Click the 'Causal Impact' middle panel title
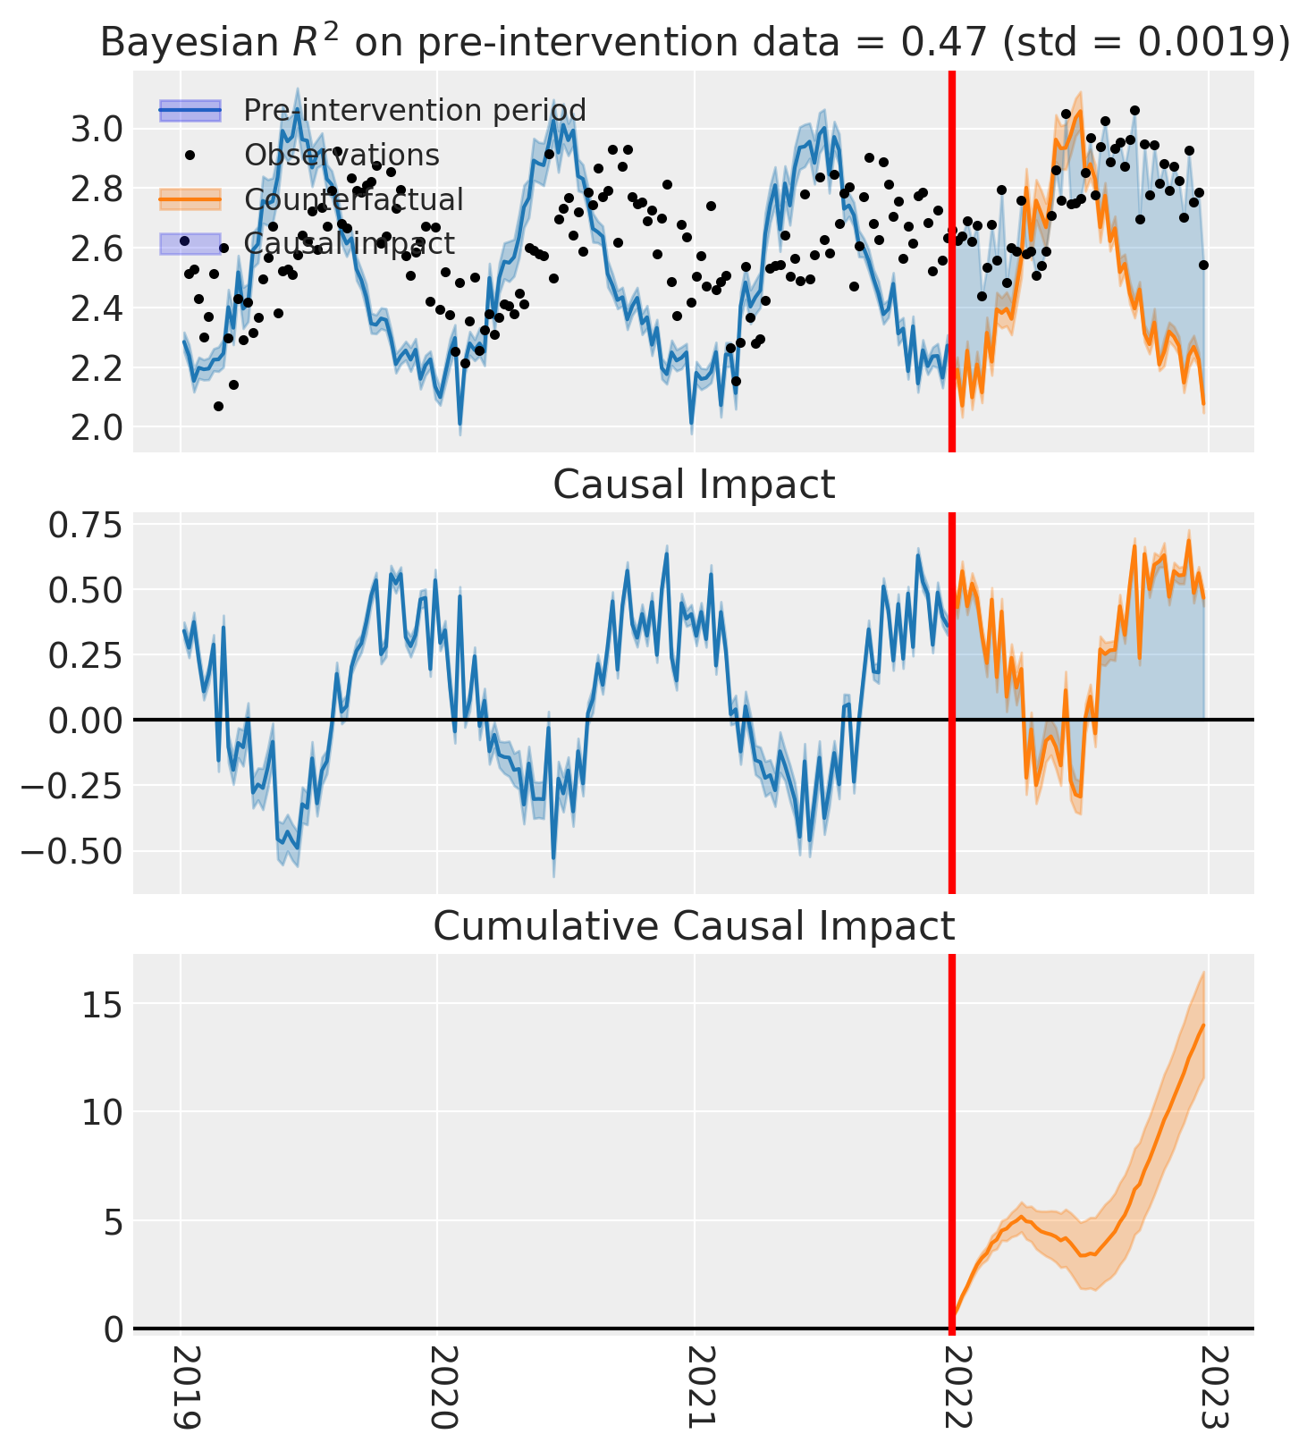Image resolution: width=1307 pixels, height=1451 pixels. point(694,485)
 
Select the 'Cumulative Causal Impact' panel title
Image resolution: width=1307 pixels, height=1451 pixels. point(694,926)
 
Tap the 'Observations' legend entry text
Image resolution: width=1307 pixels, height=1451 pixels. point(342,155)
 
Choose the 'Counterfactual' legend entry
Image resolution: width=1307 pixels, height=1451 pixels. point(354,199)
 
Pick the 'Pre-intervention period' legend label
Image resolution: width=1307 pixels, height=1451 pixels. point(415,111)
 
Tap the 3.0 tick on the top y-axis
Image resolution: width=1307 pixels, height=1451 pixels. point(97,130)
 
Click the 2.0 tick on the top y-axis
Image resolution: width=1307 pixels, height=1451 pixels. point(97,427)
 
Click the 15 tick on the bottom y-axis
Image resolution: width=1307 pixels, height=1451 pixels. point(104,1004)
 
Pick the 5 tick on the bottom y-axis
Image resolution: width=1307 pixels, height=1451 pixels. point(113,1220)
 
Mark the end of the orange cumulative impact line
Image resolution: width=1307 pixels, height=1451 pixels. point(1204,1025)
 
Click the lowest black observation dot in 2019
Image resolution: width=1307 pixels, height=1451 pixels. point(218,406)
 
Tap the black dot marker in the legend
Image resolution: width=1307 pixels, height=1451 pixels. point(190,155)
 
